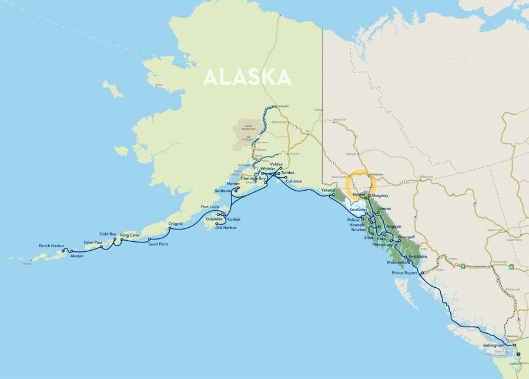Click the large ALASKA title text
click(247, 77)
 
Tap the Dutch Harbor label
click(51, 245)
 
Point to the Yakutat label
click(327, 190)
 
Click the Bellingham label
click(493, 345)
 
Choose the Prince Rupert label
click(404, 273)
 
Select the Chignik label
click(176, 224)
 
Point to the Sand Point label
click(158, 244)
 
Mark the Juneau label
click(384, 209)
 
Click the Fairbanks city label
click(283, 106)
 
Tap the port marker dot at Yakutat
click(333, 195)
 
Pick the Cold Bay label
click(108, 234)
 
